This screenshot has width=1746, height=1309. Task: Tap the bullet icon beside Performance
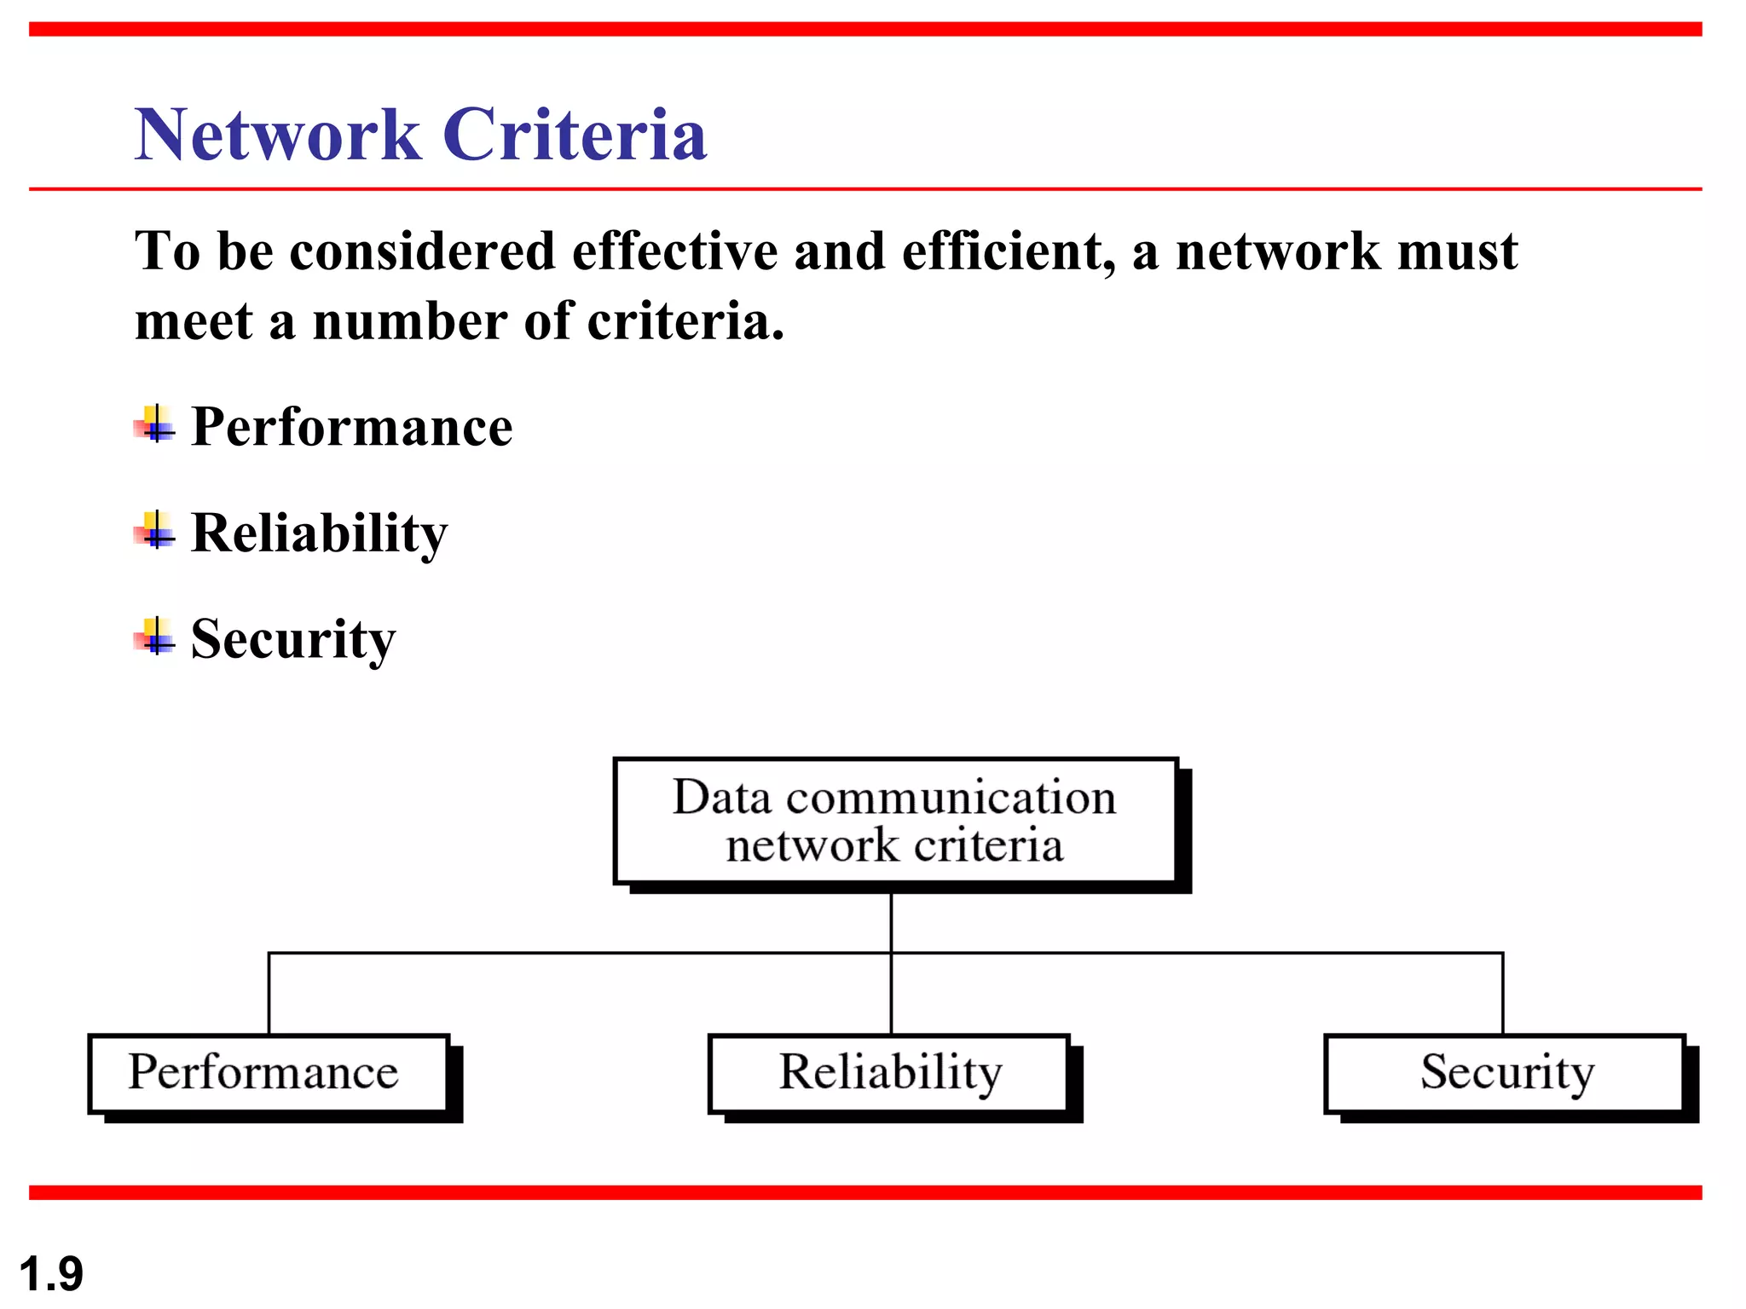tap(155, 424)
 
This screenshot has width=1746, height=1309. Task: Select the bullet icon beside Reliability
tap(155, 531)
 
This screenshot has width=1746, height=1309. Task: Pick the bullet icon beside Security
tap(155, 637)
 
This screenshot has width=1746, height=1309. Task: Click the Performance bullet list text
tap(351, 426)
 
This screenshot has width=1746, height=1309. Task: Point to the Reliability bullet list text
tap(319, 533)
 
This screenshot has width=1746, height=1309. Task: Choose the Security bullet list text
tap(293, 639)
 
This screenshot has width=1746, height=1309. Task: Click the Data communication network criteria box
tap(895, 822)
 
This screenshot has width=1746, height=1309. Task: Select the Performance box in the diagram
tap(269, 1073)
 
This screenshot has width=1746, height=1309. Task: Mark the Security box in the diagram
tap(1505, 1073)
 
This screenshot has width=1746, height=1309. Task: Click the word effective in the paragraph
tap(674, 252)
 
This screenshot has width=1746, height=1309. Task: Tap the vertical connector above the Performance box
tap(269, 994)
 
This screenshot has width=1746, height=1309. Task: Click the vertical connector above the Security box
tap(1502, 994)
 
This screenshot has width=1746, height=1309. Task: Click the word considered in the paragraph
tap(423, 252)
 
